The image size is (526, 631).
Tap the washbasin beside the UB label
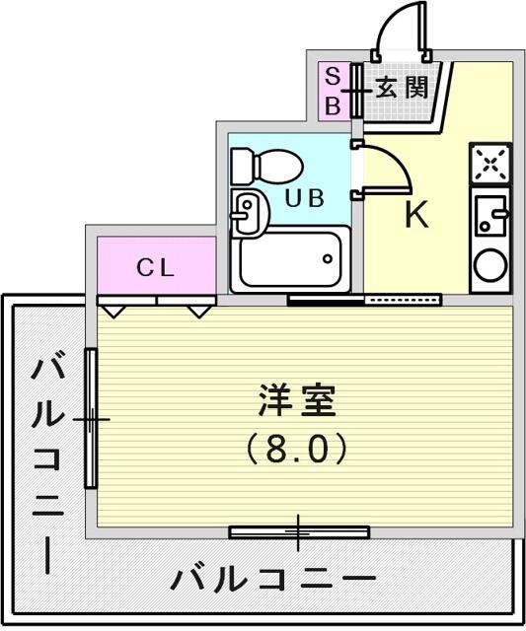tap(250, 213)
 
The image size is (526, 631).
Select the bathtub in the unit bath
tap(290, 259)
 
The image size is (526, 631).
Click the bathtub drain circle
tap(328, 258)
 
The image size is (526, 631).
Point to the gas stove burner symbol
tap(489, 163)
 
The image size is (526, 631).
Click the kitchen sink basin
tap(490, 216)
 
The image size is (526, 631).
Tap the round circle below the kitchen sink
tap(490, 266)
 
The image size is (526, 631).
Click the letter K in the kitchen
tap(415, 215)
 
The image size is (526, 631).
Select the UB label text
tap(305, 198)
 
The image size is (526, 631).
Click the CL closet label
tap(156, 267)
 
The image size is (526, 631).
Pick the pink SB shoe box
tap(334, 91)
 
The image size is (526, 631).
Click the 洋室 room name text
tap(297, 401)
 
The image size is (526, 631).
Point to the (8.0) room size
tap(297, 449)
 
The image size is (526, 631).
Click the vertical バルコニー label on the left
tap(48, 461)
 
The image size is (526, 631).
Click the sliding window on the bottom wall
tap(299, 532)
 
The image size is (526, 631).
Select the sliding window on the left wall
tap(91, 418)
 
